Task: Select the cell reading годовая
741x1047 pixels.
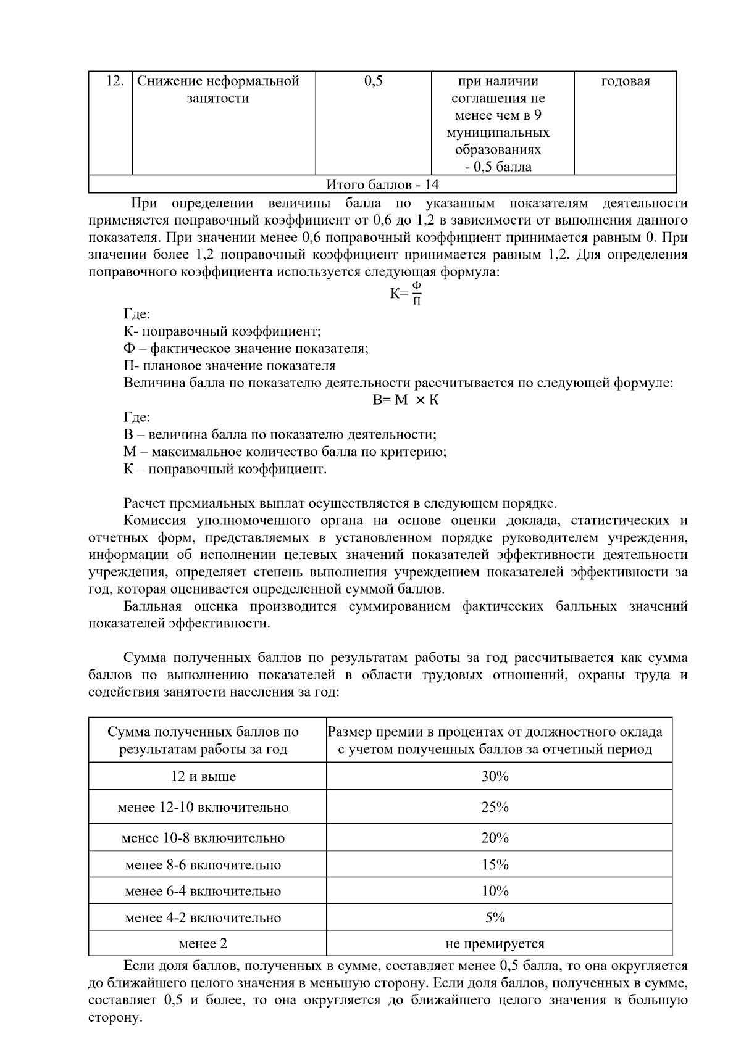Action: click(x=625, y=81)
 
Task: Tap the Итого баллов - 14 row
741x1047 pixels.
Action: click(x=382, y=184)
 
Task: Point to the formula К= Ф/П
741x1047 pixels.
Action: click(x=406, y=293)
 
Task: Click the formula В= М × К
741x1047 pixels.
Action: click(x=406, y=400)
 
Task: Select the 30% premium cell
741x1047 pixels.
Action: click(x=495, y=776)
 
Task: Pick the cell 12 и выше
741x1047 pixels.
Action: click(x=203, y=776)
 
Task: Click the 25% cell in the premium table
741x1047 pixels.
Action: click(x=495, y=807)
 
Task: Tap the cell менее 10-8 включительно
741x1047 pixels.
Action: click(x=203, y=838)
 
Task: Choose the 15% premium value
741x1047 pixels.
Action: click(x=495, y=864)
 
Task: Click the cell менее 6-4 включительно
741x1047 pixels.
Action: click(x=203, y=891)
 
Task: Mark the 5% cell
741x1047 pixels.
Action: click(x=495, y=917)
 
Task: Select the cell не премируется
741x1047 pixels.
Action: click(x=495, y=944)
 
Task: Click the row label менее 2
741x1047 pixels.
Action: click(x=203, y=944)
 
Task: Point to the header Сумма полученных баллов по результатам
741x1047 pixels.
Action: click(x=203, y=740)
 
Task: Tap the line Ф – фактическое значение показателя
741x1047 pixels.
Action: click(x=246, y=349)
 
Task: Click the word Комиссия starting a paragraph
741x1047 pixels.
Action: click(x=154, y=521)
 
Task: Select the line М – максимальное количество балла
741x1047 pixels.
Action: click(x=285, y=452)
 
